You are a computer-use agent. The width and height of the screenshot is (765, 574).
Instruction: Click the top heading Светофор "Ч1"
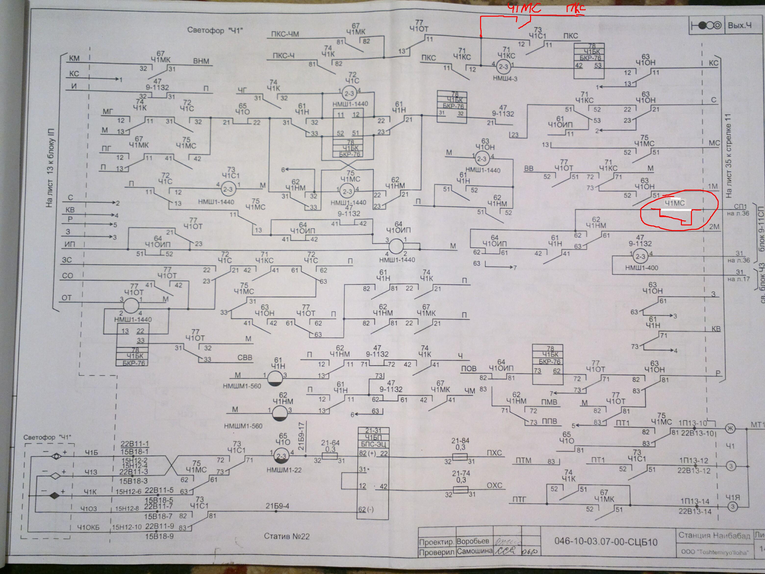[x=215, y=30]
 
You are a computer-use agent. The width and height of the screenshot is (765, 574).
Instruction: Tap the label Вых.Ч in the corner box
[x=739, y=25]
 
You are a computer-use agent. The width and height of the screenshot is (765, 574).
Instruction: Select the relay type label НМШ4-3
[x=505, y=79]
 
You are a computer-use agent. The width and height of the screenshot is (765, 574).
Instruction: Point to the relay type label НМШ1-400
[x=641, y=268]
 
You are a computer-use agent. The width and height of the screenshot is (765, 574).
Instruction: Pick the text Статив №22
[x=287, y=536]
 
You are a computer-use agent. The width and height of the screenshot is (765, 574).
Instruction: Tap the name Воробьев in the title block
[x=473, y=541]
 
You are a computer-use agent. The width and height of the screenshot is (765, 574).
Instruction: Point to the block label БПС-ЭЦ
[x=373, y=444]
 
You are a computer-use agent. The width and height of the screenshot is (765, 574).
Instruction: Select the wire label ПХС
[x=494, y=453]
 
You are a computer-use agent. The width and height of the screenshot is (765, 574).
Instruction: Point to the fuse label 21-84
[x=460, y=441]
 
